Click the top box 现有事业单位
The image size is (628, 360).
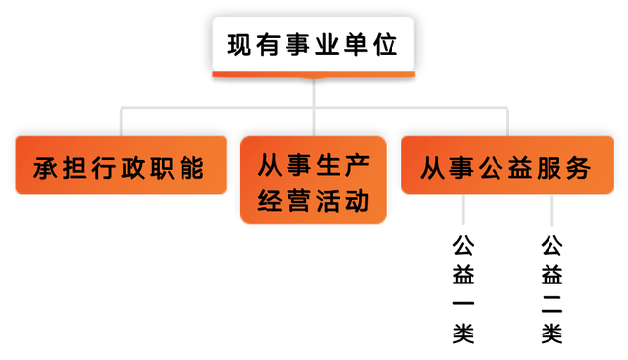pyautogui.click(x=314, y=44)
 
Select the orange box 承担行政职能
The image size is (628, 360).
pyautogui.click(x=119, y=167)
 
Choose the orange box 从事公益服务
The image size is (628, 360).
pyautogui.click(x=506, y=167)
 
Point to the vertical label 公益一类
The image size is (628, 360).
pyautogui.click(x=463, y=289)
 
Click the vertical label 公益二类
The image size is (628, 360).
pyautogui.click(x=551, y=289)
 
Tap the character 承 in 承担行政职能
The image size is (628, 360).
pyautogui.click(x=44, y=168)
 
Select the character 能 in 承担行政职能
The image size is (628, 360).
pyautogui.click(x=192, y=168)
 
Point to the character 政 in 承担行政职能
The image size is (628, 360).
pyautogui.click(x=133, y=168)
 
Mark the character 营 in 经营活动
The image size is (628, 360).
pyautogui.click(x=298, y=201)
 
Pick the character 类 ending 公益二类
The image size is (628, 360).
pyautogui.click(x=551, y=334)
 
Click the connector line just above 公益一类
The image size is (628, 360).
pyautogui.click(x=463, y=210)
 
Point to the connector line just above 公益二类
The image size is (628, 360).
pyautogui.click(x=551, y=210)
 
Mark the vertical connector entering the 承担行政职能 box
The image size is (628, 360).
pyautogui.click(x=120, y=122)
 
